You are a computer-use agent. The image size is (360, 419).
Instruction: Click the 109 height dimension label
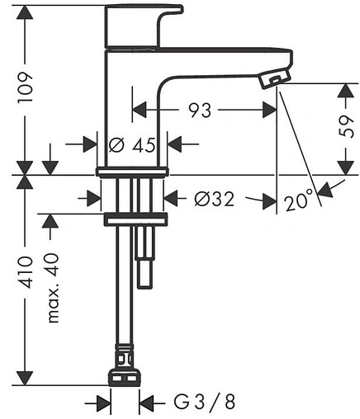pos(26,87)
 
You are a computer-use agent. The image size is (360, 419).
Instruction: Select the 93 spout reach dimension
pos(200,111)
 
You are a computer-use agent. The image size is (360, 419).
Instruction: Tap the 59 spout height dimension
pos(346,126)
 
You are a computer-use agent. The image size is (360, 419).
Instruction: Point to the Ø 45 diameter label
pos(132,144)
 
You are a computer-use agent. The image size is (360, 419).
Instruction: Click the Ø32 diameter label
pos(215,199)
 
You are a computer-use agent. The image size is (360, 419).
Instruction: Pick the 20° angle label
pos(299,200)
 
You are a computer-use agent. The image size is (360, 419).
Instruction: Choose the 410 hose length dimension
pos(26,272)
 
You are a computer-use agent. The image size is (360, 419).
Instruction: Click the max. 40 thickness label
pos(53,288)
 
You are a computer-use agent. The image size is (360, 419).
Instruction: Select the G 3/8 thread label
pos(205,402)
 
